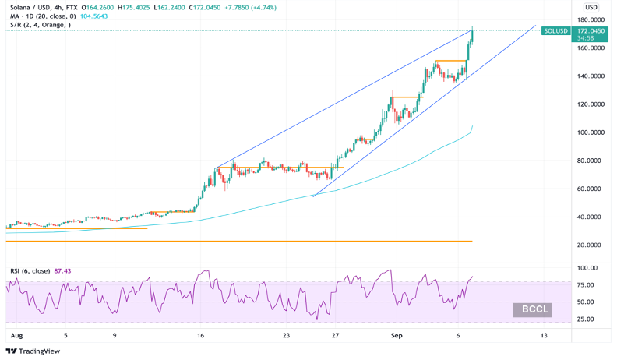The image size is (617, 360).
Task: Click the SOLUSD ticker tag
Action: tap(556, 31)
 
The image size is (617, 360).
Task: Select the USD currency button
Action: tap(591, 7)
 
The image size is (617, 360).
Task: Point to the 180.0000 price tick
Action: tap(591, 20)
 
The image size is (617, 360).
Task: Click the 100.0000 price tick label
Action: tap(591, 132)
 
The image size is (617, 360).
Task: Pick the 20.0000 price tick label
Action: tap(591, 245)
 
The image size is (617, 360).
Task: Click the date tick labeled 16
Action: tap(201, 336)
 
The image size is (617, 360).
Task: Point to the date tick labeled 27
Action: tap(335, 336)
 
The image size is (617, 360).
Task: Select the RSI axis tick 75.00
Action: tap(587, 285)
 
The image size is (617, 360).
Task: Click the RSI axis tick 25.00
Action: tap(587, 319)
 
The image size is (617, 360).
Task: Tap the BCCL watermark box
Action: tap(532, 309)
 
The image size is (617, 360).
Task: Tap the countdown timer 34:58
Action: tap(584, 37)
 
